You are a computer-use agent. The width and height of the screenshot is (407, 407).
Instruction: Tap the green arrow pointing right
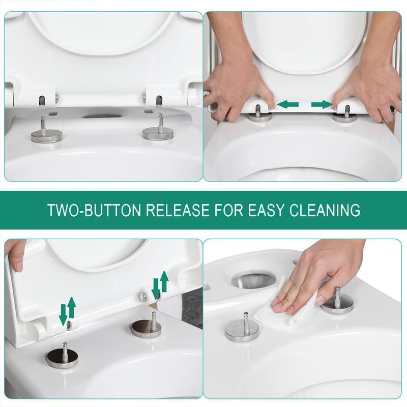coord(321,104)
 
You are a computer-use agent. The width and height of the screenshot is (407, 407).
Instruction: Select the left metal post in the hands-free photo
coord(44,131)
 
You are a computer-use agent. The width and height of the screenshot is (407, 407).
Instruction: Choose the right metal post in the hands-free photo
coord(158,130)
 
